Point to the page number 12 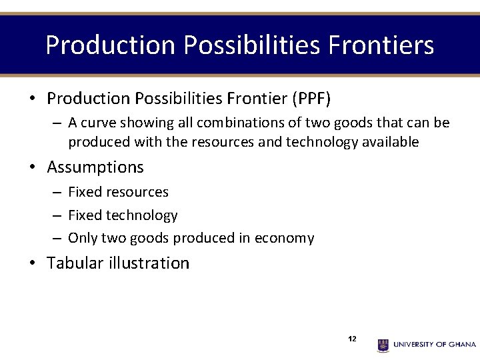pyautogui.click(x=352, y=339)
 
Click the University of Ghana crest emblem pyautogui.click(x=383, y=345)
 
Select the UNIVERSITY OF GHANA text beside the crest pyautogui.click(x=435, y=345)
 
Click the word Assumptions pyautogui.click(x=95, y=167)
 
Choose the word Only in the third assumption pyautogui.click(x=83, y=238)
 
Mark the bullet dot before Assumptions pyautogui.click(x=32, y=167)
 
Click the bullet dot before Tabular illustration pyautogui.click(x=32, y=263)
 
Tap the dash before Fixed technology pyautogui.click(x=58, y=215)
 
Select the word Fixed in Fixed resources pyautogui.click(x=84, y=192)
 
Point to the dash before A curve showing pyautogui.click(x=58, y=123)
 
